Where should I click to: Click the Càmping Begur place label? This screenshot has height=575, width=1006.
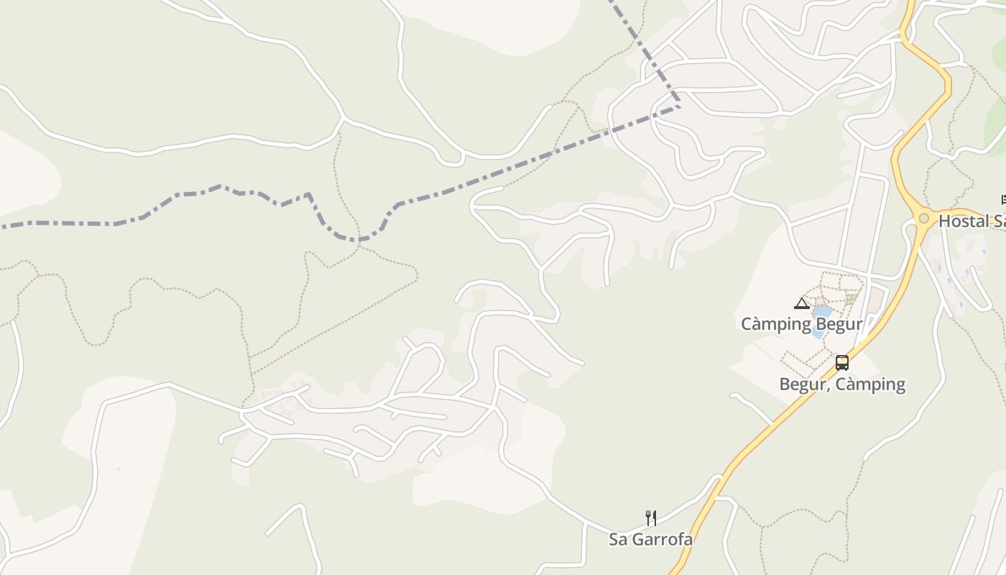click(x=801, y=324)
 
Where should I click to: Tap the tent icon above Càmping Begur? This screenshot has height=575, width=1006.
click(x=802, y=303)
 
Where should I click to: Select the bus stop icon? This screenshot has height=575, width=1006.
click(x=842, y=363)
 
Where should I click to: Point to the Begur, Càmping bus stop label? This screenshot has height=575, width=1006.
click(x=842, y=384)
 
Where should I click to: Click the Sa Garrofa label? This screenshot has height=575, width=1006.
click(x=650, y=539)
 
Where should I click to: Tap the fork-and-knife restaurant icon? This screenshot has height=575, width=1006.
click(x=650, y=517)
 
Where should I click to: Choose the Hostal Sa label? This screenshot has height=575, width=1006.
click(x=972, y=221)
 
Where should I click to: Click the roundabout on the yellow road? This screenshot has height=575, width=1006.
click(x=923, y=218)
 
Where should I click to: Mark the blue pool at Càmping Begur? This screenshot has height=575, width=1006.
click(x=821, y=313)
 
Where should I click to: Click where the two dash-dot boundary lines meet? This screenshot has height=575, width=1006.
click(x=679, y=106)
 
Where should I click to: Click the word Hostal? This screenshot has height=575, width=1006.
click(x=964, y=221)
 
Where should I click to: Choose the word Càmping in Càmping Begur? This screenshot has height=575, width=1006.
click(x=776, y=324)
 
